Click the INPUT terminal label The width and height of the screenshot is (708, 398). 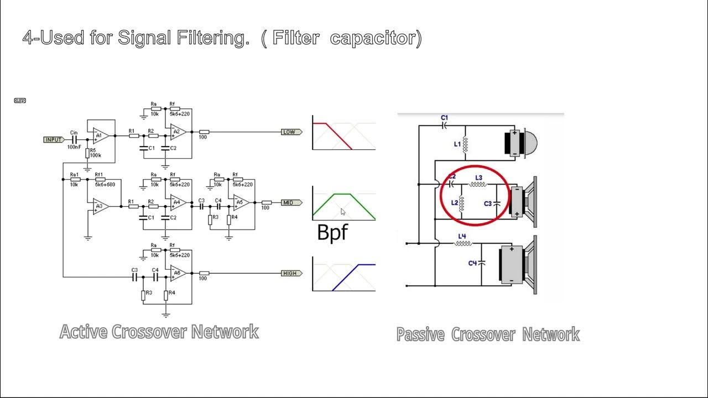(54, 139)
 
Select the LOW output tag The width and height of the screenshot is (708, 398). (290, 132)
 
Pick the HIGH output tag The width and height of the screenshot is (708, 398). (290, 274)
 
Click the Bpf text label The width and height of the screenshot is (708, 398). (332, 232)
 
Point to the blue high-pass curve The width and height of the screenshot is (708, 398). (346, 277)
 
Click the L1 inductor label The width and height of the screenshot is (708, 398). (457, 144)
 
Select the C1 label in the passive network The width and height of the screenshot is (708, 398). (444, 118)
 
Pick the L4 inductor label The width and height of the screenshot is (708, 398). (462, 237)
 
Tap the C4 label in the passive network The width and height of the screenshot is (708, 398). (472, 263)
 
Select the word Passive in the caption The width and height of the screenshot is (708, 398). (420, 334)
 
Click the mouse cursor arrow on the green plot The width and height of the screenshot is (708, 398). (343, 212)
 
